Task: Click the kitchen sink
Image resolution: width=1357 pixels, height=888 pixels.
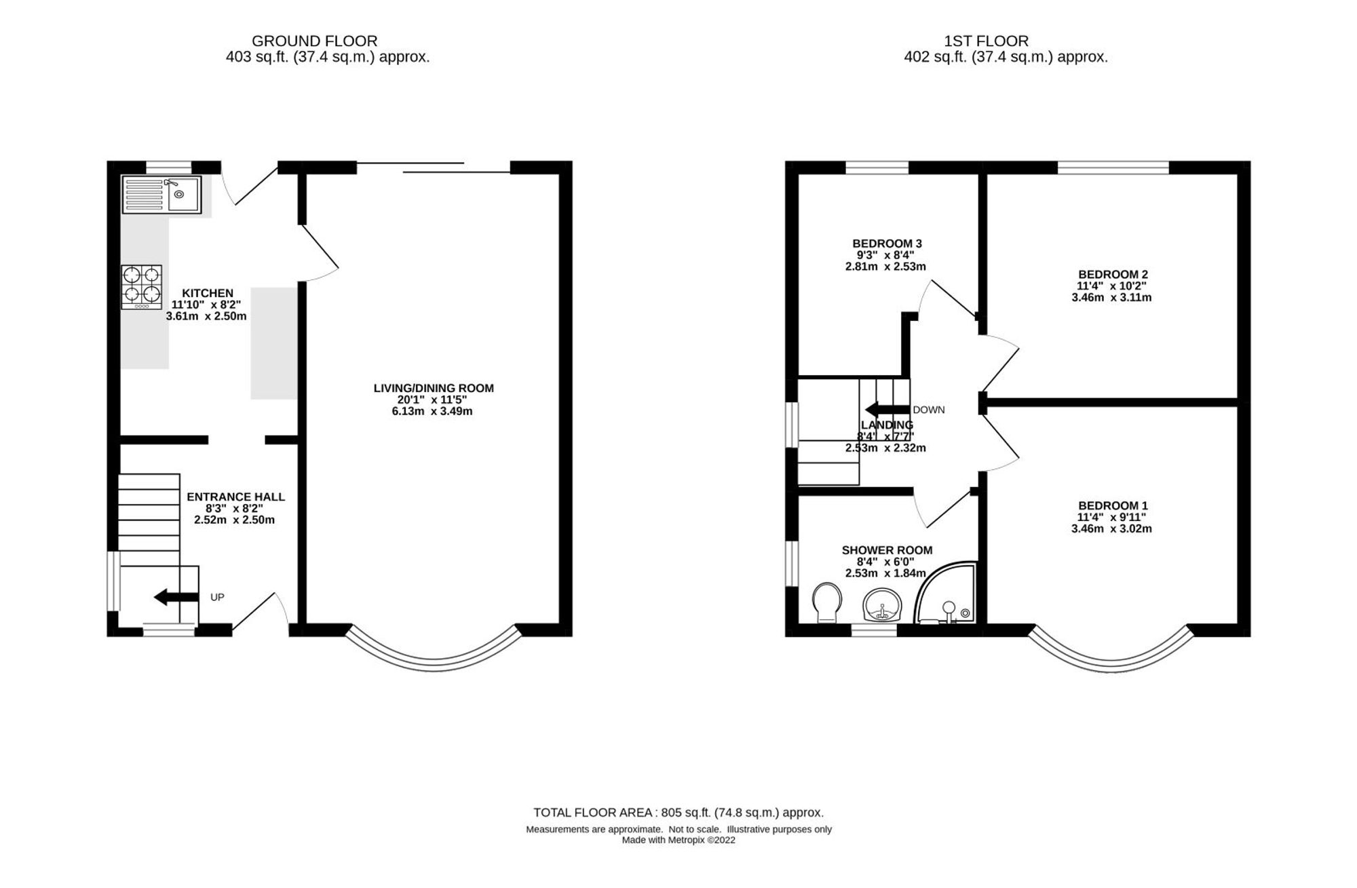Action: [x=161, y=195]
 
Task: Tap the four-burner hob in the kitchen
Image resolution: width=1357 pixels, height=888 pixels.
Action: [x=142, y=287]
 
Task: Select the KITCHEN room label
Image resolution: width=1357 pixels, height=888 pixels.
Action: [x=208, y=293]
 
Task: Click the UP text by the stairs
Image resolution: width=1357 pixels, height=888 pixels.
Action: [x=217, y=598]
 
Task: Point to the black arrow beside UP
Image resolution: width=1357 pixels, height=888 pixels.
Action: [x=176, y=598]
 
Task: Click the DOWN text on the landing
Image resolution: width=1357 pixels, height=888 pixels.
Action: [x=929, y=410]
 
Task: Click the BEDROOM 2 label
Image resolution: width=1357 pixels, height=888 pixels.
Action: [x=1113, y=275]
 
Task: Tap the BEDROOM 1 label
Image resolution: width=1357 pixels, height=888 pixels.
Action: [x=1113, y=505]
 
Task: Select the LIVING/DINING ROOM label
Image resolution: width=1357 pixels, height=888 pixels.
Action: [x=434, y=388]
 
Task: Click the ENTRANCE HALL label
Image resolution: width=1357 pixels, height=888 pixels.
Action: [x=235, y=497]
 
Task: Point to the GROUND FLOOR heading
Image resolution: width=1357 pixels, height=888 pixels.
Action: [x=314, y=41]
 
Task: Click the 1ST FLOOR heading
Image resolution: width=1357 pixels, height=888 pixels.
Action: [x=1005, y=41]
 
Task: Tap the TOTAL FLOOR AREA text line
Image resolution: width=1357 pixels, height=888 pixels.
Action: [x=678, y=812]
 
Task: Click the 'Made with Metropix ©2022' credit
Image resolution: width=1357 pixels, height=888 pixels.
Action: [x=678, y=840]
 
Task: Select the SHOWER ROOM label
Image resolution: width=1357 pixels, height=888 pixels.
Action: [x=887, y=550]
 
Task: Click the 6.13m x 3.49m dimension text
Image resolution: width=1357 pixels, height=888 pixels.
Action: [x=432, y=411]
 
